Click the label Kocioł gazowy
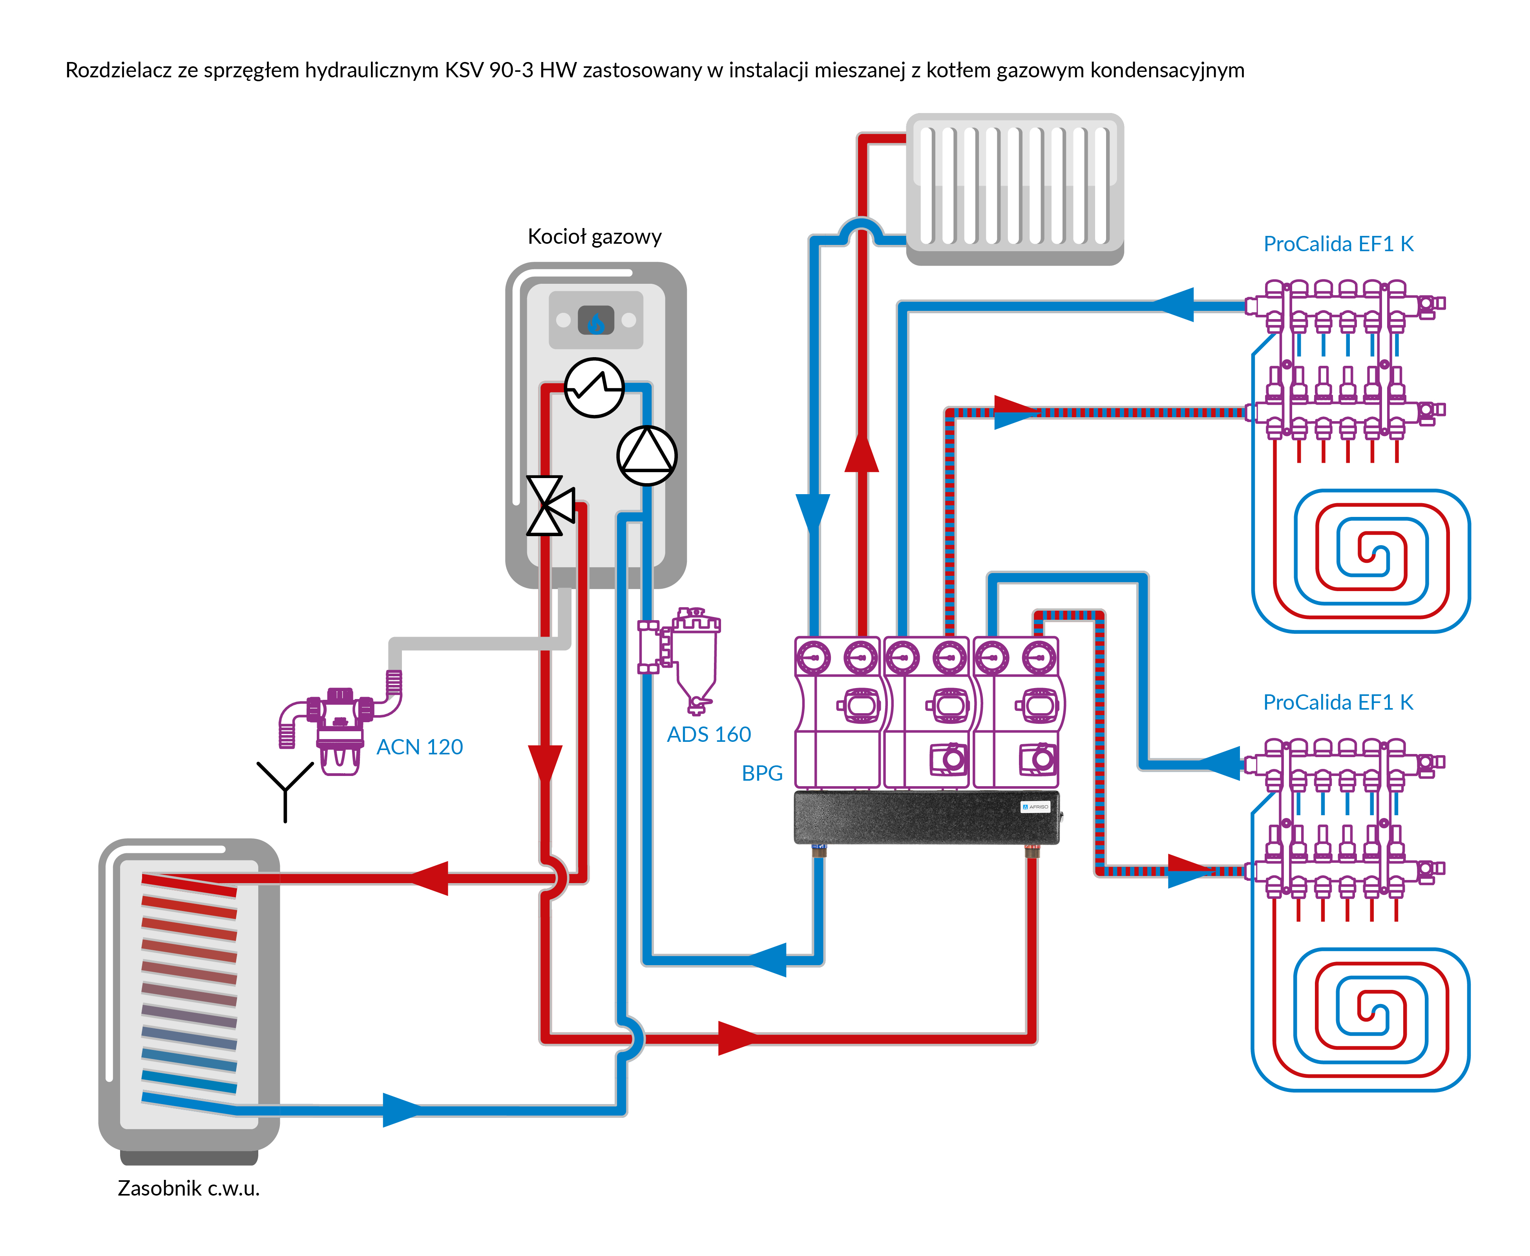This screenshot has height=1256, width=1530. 594,237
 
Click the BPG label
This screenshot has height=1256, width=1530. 762,774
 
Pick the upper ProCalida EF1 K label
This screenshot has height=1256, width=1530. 1338,244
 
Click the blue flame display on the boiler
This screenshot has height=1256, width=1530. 595,321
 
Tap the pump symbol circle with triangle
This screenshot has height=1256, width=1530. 647,455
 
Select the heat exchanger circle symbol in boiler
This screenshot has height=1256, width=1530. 594,388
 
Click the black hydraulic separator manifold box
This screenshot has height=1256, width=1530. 926,818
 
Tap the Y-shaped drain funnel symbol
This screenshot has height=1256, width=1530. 285,789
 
